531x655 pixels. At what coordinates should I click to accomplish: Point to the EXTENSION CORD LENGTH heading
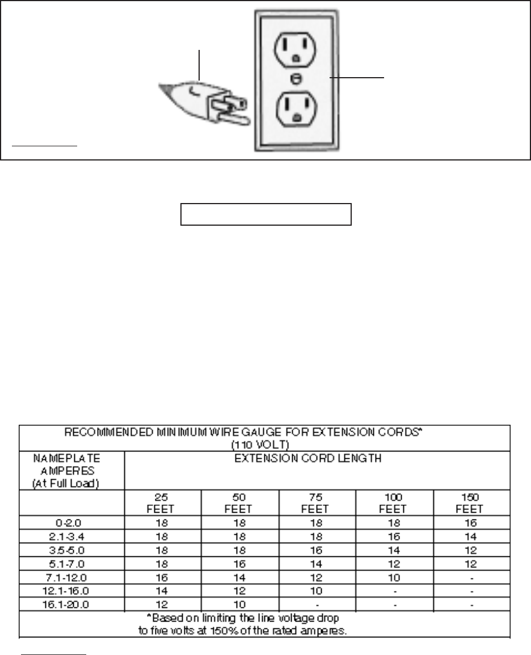tap(318, 459)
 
